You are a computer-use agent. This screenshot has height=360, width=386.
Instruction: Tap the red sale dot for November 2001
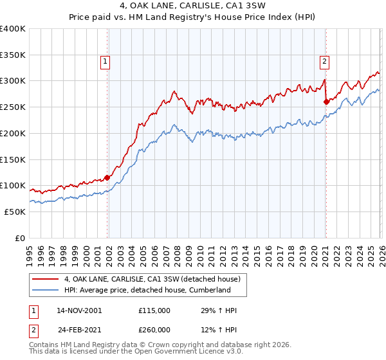coord(107,177)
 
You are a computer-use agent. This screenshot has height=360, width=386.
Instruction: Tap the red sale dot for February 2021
coord(326,101)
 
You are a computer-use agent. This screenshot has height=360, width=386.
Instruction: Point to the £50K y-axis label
coord(15,212)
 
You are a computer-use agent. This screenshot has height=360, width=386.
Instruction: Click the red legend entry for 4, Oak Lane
coord(152,278)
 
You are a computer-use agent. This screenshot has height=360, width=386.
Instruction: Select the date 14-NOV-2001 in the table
coord(79,310)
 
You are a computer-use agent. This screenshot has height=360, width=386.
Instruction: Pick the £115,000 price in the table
coord(154,310)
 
